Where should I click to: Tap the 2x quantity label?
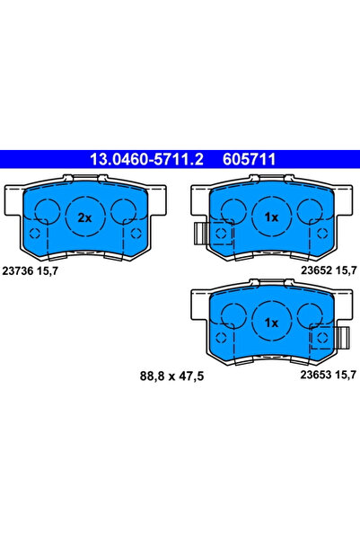(84, 217)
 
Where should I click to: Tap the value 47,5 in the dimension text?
(190, 377)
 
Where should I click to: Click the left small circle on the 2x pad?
(42, 212)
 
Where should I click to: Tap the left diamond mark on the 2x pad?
(35, 234)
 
